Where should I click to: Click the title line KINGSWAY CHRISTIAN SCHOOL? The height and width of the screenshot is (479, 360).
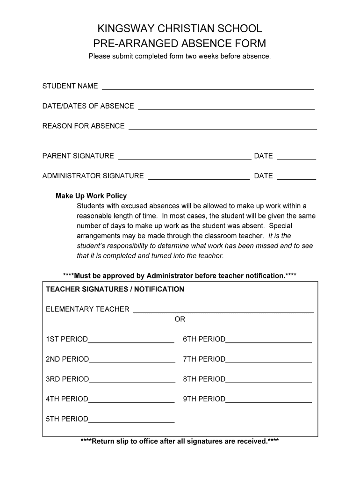(180, 29)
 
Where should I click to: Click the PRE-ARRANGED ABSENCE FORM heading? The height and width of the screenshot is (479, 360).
(180, 44)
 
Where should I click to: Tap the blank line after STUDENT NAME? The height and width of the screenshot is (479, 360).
(208, 87)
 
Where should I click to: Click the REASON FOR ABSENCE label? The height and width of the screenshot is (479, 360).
(83, 126)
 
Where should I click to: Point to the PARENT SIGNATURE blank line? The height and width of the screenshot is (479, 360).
(184, 157)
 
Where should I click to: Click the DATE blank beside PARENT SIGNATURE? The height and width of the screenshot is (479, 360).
(296, 157)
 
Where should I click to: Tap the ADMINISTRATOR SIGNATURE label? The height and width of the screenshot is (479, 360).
(93, 176)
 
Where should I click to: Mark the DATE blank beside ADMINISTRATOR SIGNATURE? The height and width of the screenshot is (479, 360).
(296, 177)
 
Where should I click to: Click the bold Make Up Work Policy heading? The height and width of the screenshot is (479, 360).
(91, 196)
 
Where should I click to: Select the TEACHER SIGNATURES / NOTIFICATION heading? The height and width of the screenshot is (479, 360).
(115, 289)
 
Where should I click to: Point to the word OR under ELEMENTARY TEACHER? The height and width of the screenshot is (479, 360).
(180, 319)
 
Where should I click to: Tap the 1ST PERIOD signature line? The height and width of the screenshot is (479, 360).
(131, 340)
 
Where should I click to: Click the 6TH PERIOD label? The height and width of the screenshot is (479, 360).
(204, 339)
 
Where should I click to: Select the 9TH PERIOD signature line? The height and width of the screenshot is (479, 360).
(268, 400)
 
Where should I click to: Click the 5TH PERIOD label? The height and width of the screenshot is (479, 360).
(67, 419)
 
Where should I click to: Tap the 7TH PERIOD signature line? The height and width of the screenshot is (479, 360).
(268, 360)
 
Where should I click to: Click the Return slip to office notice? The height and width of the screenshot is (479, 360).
(180, 441)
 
